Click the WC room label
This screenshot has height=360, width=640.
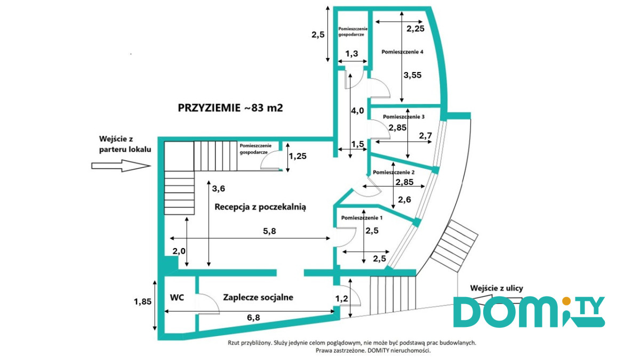pyautogui.click(x=177, y=298)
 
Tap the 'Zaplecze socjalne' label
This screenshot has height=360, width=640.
pyautogui.click(x=258, y=298)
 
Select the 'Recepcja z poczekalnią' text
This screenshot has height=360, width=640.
pyautogui.click(x=260, y=207)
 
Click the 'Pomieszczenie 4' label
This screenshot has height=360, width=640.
pyautogui.click(x=402, y=52)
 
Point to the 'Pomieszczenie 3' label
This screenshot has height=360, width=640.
pyautogui.click(x=404, y=117)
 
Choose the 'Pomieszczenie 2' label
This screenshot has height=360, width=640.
pyautogui.click(x=394, y=172)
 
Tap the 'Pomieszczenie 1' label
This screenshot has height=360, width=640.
pyautogui.click(x=362, y=218)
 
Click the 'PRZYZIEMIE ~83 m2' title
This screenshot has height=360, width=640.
pyautogui.click(x=230, y=108)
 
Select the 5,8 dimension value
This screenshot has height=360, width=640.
pyautogui.click(x=269, y=231)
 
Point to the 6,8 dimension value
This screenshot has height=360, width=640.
pyautogui.click(x=253, y=317)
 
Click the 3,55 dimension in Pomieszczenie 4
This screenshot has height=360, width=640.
pyautogui.click(x=412, y=75)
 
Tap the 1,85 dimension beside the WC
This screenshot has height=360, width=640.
pyautogui.click(x=142, y=301)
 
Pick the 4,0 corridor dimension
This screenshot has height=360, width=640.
pyautogui.click(x=357, y=110)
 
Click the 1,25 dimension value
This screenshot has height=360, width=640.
pyautogui.click(x=298, y=156)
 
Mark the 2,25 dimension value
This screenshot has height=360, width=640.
pyautogui.click(x=415, y=29)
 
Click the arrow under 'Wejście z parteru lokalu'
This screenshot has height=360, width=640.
pyautogui.click(x=121, y=166)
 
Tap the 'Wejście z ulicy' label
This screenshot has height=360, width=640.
pyautogui.click(x=497, y=288)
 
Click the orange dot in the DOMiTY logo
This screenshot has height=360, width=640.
pyautogui.click(x=566, y=301)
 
